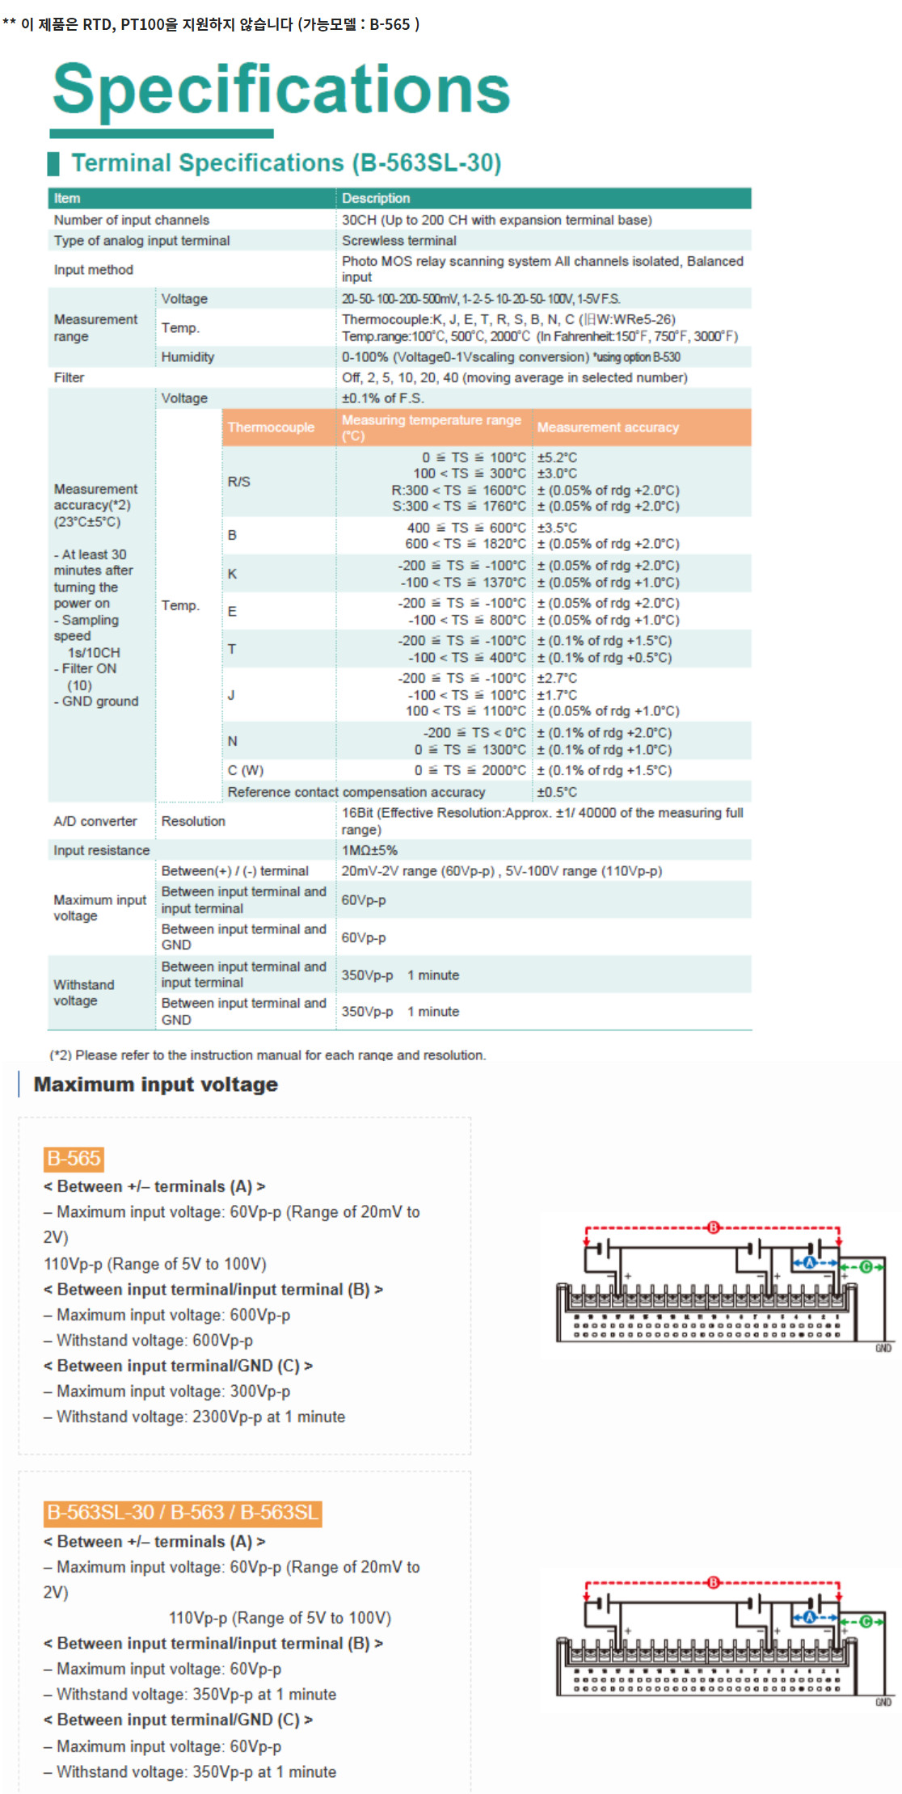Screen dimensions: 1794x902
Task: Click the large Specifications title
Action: click(x=281, y=89)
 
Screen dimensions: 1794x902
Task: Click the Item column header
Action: click(x=67, y=198)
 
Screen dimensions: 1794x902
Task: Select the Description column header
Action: click(x=376, y=198)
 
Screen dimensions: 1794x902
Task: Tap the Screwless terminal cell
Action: click(x=398, y=240)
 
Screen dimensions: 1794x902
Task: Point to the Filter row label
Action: click(x=69, y=377)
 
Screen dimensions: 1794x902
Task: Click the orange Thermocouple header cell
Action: click(x=271, y=427)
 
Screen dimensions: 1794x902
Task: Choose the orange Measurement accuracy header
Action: click(x=608, y=427)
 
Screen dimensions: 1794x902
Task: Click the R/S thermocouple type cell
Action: click(x=239, y=482)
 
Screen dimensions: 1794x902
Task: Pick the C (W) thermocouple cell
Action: click(x=246, y=770)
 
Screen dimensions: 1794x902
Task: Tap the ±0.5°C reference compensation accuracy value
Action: click(x=557, y=792)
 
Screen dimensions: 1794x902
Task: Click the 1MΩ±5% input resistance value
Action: click(x=369, y=850)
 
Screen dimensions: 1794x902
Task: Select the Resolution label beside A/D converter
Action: click(x=193, y=821)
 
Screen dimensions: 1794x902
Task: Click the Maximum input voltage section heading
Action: click(x=156, y=1084)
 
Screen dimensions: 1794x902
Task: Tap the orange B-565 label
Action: click(x=74, y=1159)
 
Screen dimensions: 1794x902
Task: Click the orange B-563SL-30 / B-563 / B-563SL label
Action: click(x=183, y=1513)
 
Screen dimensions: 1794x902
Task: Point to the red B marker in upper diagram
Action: click(x=713, y=1228)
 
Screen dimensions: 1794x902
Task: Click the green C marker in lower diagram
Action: click(x=865, y=1622)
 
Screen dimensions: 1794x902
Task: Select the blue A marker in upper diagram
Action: click(x=809, y=1263)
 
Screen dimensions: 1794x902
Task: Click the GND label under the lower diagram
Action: click(x=883, y=1702)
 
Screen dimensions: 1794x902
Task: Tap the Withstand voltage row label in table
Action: click(x=84, y=992)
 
